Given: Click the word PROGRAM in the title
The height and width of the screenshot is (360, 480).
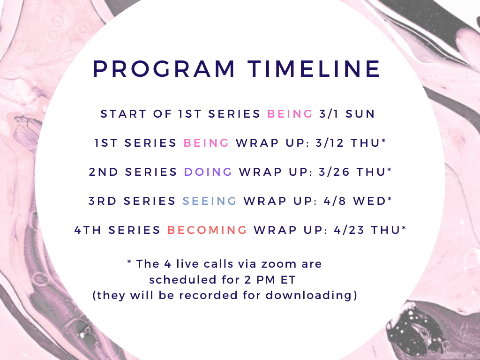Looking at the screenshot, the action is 164,69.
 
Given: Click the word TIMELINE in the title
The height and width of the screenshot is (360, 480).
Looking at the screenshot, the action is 314,69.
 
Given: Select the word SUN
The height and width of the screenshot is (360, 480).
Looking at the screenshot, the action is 360,114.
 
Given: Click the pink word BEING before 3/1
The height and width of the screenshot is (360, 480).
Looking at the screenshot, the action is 290,114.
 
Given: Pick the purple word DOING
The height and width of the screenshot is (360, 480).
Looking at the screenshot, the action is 208,172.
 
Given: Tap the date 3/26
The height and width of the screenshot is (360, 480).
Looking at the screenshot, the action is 334,172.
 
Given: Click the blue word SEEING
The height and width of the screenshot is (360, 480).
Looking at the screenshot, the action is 210,201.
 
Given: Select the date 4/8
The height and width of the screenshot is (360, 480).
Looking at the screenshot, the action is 335,201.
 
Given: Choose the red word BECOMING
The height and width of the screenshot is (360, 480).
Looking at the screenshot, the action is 207,230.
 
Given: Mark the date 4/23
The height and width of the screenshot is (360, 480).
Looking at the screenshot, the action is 349,230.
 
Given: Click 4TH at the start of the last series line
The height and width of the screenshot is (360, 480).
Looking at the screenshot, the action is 88,230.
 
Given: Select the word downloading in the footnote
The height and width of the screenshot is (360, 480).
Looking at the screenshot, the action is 309,296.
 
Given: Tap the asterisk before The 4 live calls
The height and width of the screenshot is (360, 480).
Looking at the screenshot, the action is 129,262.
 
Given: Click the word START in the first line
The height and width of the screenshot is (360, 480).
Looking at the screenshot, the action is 123,114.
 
